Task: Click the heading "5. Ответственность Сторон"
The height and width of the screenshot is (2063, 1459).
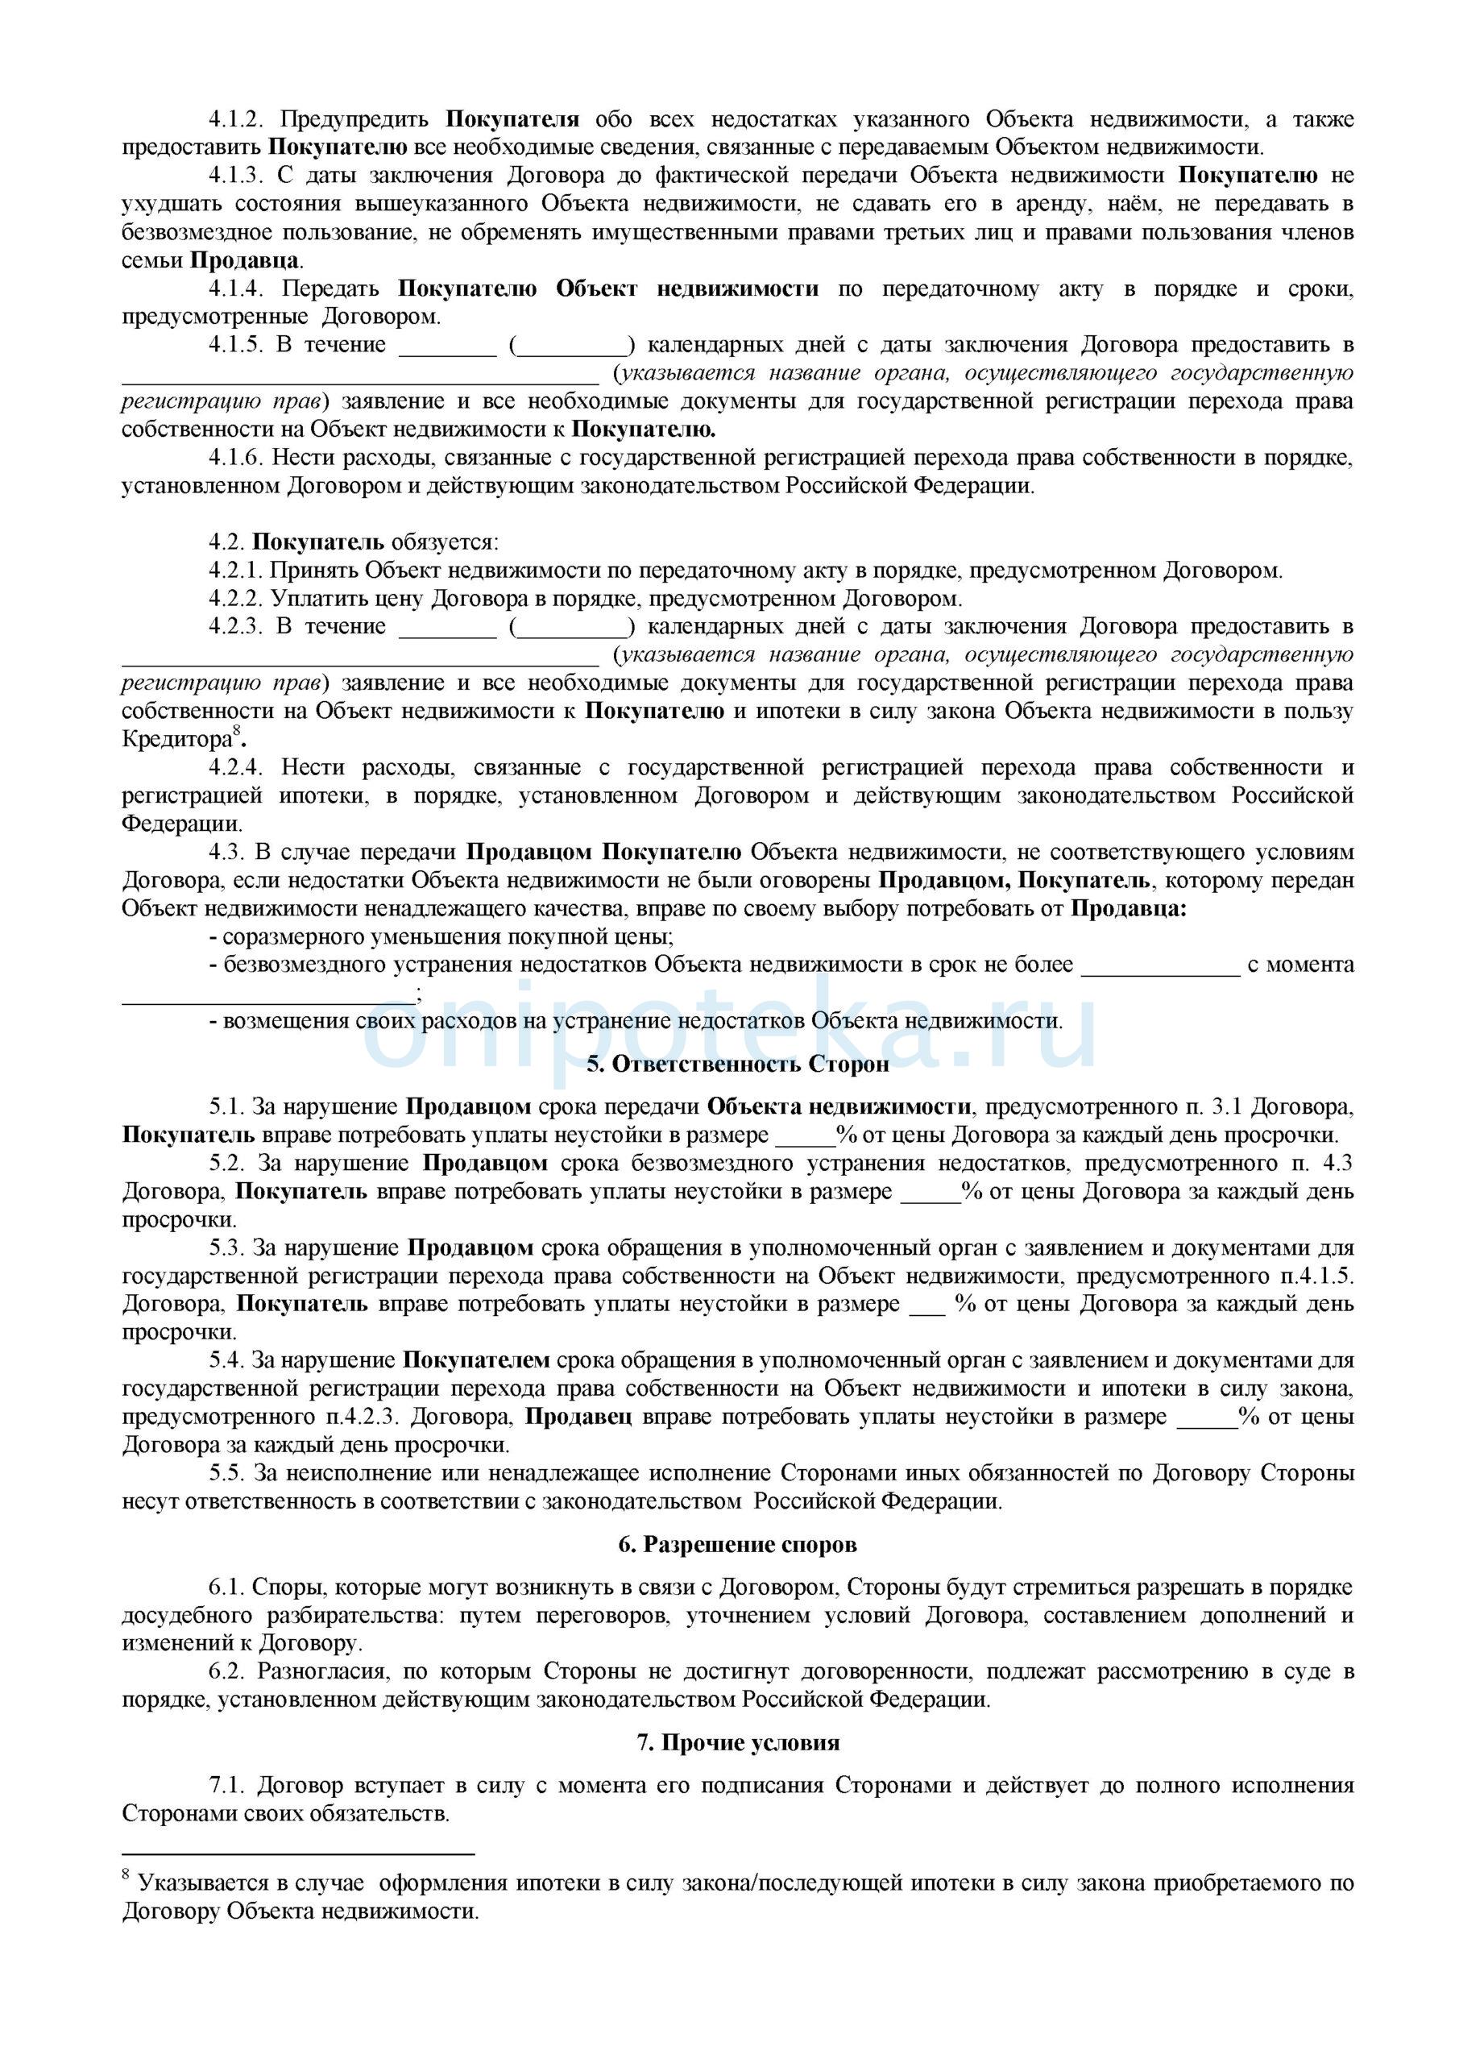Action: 738,1065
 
